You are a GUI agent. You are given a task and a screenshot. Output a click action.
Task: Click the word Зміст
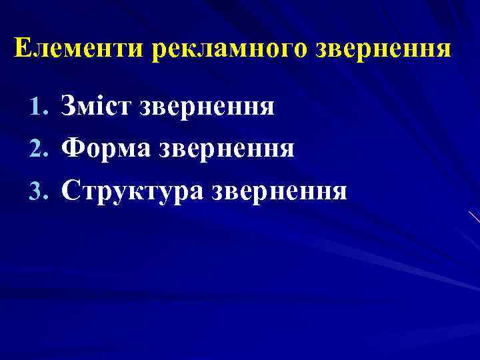click(x=97, y=105)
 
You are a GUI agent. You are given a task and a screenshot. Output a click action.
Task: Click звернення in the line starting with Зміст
click(x=207, y=105)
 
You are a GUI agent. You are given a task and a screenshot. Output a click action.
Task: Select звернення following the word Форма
click(x=228, y=149)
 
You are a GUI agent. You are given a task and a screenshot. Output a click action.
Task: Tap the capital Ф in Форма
click(x=72, y=149)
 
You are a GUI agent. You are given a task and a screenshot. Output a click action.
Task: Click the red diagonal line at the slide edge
click(x=473, y=217)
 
